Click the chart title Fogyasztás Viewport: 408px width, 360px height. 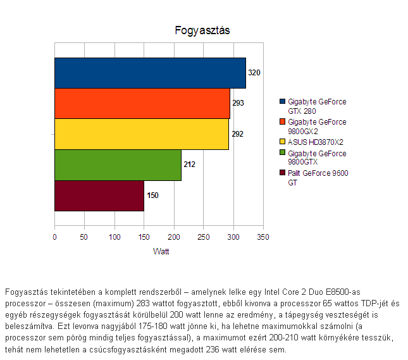(x=202, y=30)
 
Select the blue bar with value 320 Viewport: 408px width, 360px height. (x=150, y=73)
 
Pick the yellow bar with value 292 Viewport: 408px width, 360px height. (x=142, y=134)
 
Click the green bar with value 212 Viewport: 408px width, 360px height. (x=118, y=165)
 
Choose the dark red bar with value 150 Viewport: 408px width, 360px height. (x=99, y=196)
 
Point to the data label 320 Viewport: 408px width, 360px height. (x=254, y=73)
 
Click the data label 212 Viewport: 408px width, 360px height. (x=189, y=165)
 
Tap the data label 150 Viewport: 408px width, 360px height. (x=152, y=196)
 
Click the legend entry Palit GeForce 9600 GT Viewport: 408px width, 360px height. (x=318, y=177)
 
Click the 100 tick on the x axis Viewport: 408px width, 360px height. (x=114, y=237)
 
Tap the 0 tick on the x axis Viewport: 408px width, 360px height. (x=54, y=237)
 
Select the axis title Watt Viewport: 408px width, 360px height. (x=161, y=251)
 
